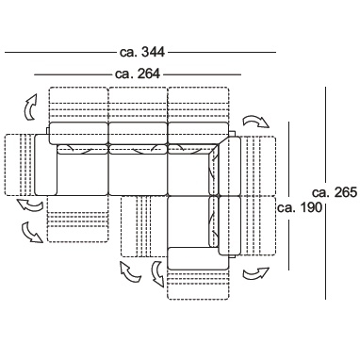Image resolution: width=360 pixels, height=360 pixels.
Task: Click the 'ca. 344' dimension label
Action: [x=142, y=52]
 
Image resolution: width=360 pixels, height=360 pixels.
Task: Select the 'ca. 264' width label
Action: [x=138, y=74]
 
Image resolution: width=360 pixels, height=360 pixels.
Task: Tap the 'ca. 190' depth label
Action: [x=300, y=207]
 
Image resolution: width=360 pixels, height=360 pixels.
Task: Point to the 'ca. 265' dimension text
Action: [x=335, y=192]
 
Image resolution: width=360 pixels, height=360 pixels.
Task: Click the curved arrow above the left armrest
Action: [x=30, y=107]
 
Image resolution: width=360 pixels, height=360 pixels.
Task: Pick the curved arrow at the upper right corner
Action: [x=256, y=122]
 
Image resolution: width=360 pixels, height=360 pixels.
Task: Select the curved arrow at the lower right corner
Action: [x=256, y=274]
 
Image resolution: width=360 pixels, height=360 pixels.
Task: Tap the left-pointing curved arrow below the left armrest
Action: [x=30, y=205]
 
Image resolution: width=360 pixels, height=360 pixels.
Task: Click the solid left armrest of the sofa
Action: [x=46, y=165]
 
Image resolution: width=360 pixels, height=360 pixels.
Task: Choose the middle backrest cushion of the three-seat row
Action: [x=138, y=133]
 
